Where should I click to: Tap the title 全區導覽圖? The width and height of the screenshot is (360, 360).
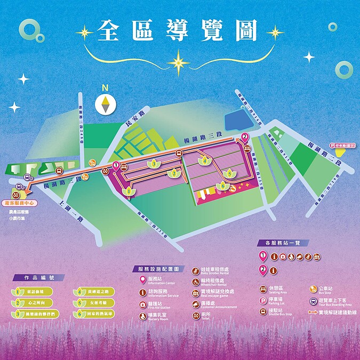click(x=178, y=32)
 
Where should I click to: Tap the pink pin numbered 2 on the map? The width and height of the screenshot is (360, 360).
click(x=245, y=137)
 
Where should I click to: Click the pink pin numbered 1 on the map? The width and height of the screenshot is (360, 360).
click(x=116, y=166)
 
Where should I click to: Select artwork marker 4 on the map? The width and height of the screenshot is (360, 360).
click(x=204, y=160)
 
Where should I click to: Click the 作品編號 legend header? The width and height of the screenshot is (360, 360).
click(x=39, y=278)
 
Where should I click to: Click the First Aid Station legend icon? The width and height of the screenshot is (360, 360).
click(x=142, y=304)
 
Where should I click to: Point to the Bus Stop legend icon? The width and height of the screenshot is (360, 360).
click(x=314, y=290)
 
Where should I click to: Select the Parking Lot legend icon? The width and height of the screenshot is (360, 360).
click(x=263, y=301)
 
